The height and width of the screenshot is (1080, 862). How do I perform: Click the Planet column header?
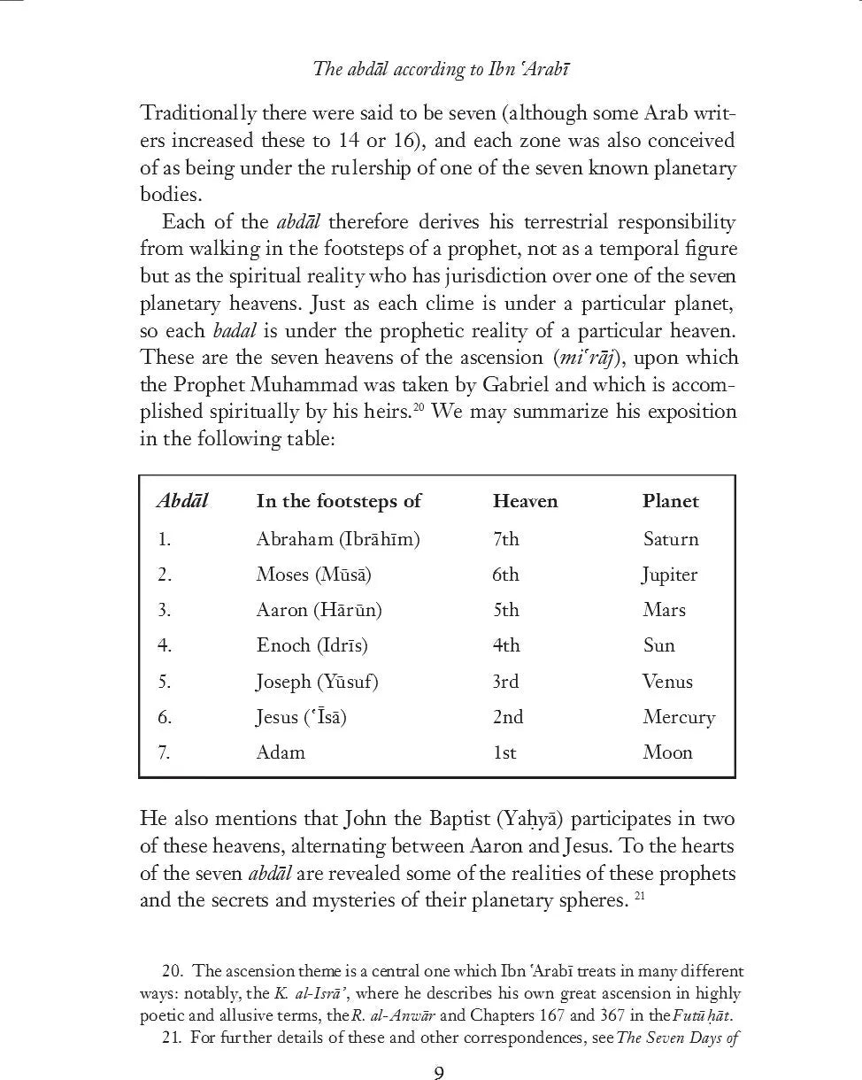[x=670, y=501]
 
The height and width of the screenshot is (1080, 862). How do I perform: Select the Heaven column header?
[x=525, y=501]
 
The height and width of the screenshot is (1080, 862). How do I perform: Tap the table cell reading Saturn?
[x=670, y=539]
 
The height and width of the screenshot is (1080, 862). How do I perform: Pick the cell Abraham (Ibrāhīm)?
[x=337, y=539]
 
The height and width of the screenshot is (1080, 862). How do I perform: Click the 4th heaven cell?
[x=506, y=645]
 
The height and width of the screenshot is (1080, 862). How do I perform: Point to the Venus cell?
[x=667, y=682]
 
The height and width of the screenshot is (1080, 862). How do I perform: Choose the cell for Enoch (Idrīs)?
[x=312, y=645]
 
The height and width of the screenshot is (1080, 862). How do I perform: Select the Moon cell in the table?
[x=667, y=752]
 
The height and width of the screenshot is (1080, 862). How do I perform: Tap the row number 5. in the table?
[x=165, y=682]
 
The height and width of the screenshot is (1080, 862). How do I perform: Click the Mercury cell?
[x=678, y=717]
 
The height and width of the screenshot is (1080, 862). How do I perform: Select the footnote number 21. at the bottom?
[x=173, y=1038]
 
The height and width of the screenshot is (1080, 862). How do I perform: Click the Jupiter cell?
[x=669, y=575]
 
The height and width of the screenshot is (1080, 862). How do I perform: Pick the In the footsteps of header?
[x=338, y=501]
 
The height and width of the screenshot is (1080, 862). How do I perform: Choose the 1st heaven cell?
[x=504, y=752]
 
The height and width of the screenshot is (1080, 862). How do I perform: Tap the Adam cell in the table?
[x=281, y=752]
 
